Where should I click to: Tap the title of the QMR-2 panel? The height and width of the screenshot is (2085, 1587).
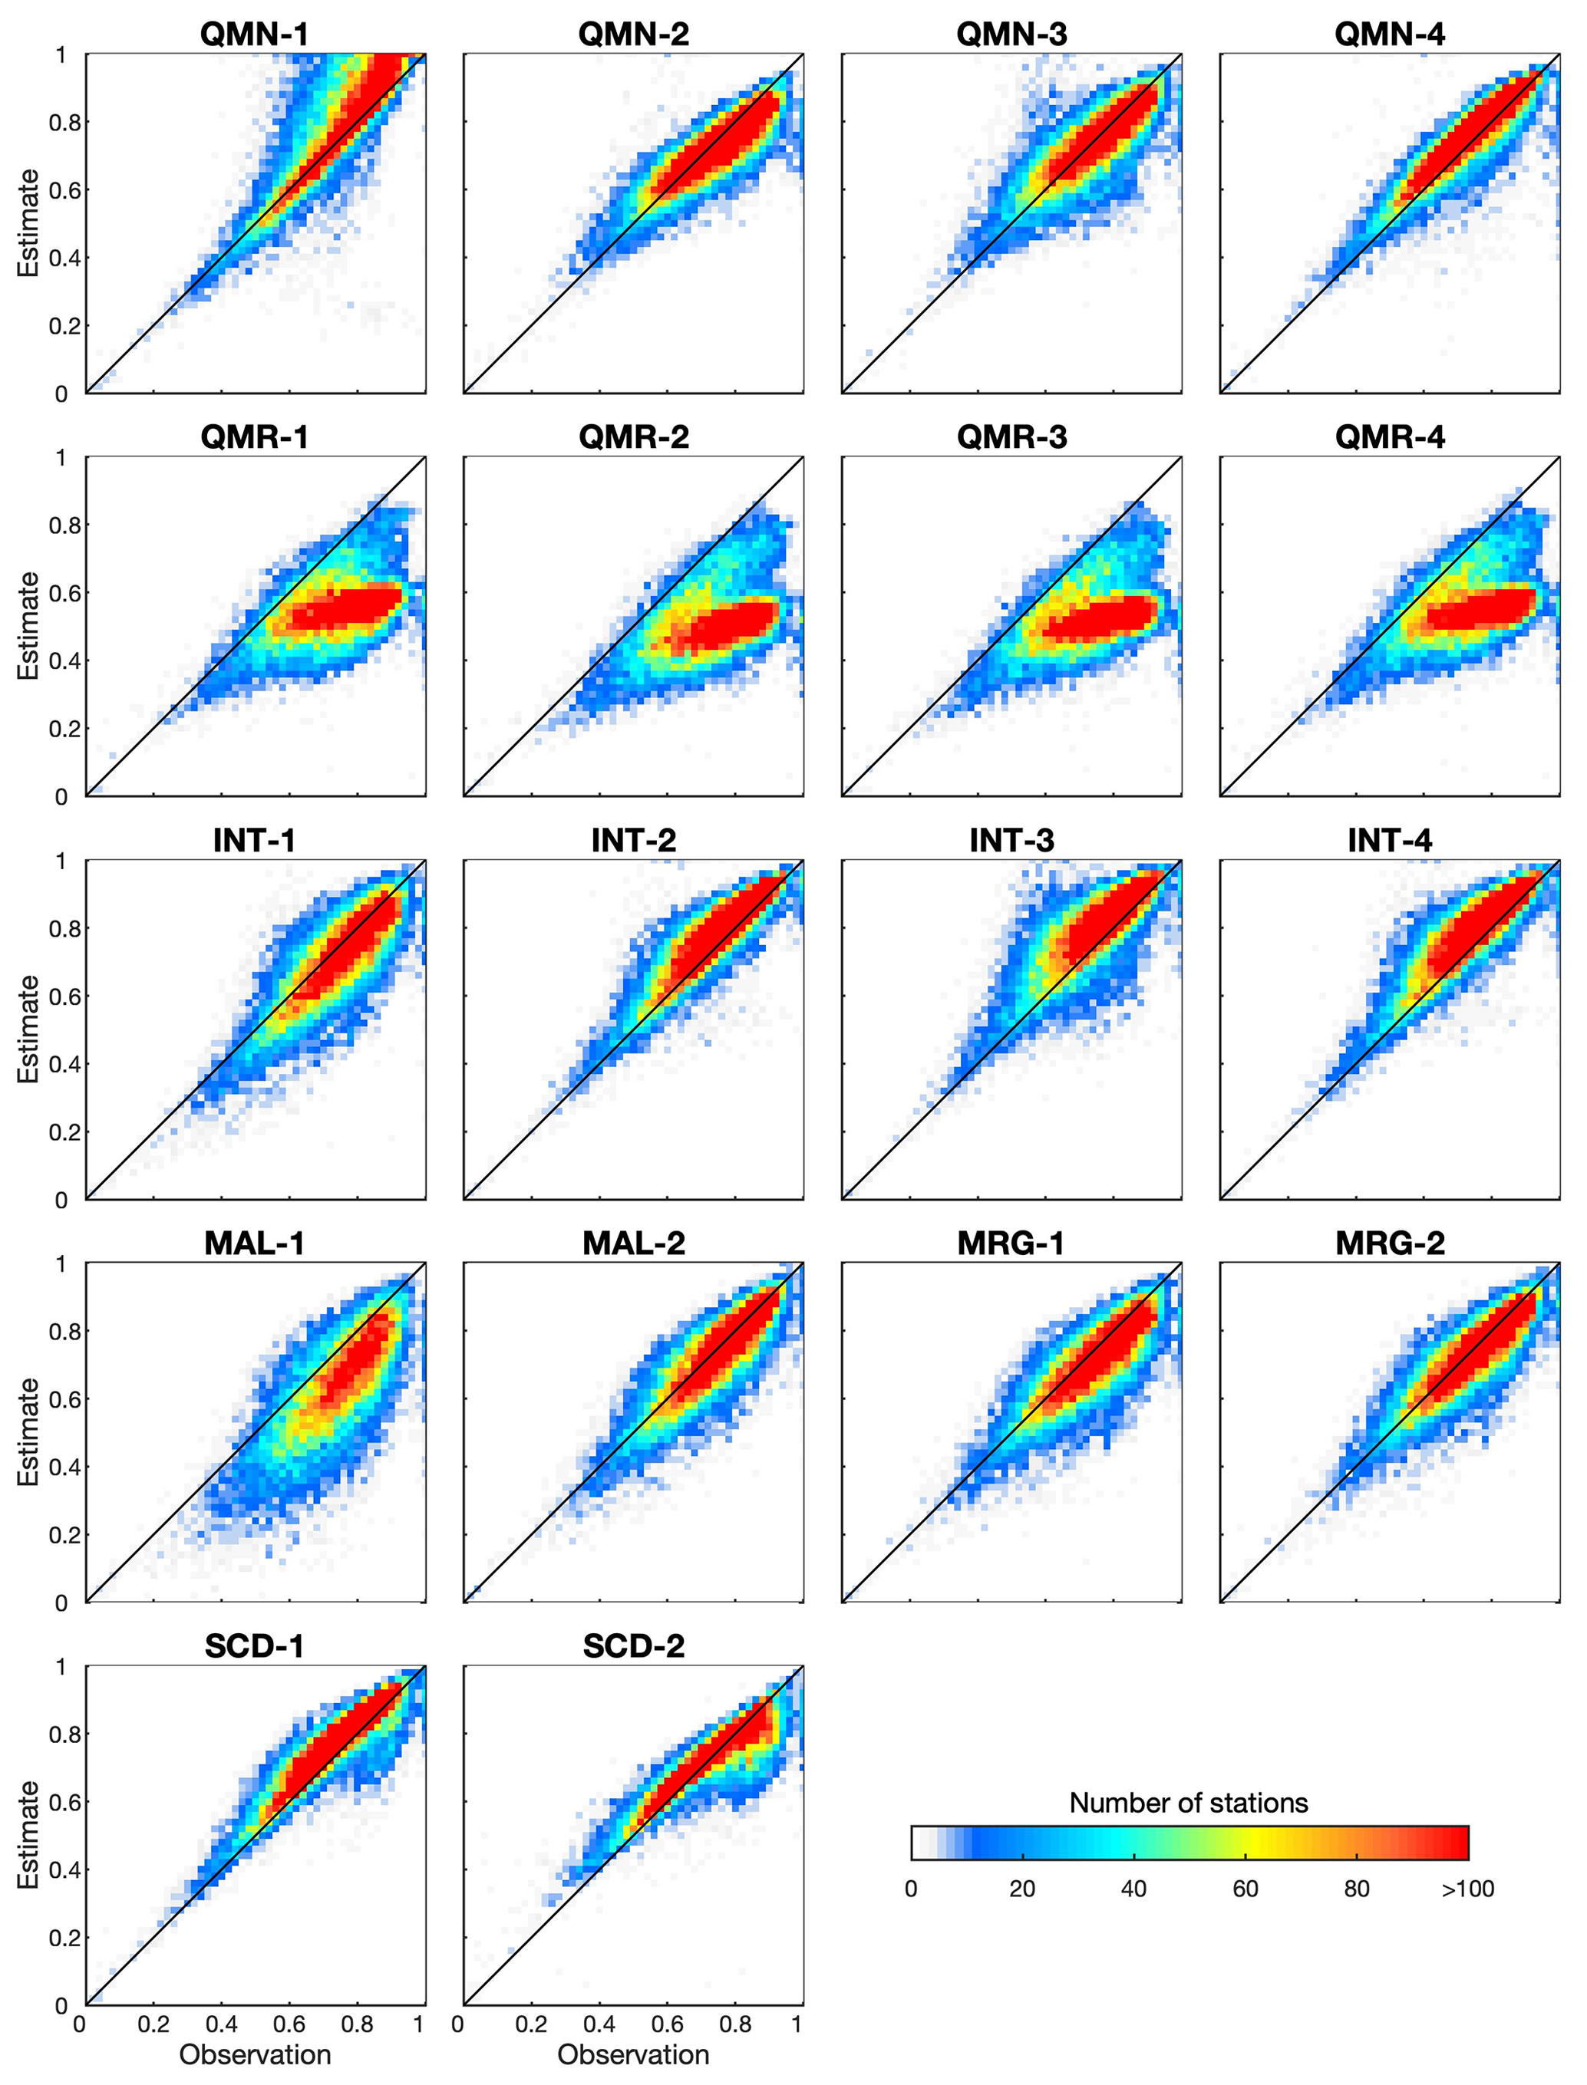(x=633, y=437)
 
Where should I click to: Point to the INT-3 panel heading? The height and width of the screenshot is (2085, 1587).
(x=1011, y=841)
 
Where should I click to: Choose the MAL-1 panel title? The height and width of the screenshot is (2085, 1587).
(x=254, y=1243)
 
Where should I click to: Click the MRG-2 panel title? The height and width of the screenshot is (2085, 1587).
(x=1389, y=1243)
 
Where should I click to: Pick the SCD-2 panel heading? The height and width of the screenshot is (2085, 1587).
(x=633, y=1646)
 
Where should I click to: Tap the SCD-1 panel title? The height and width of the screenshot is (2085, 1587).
(x=254, y=1646)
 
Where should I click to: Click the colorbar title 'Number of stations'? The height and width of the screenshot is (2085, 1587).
(x=1189, y=1803)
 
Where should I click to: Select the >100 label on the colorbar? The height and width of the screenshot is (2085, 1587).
(x=1467, y=1889)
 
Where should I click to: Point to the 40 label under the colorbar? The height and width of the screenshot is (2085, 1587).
(x=1133, y=1889)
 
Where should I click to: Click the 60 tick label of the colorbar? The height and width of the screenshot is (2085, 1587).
(x=1245, y=1889)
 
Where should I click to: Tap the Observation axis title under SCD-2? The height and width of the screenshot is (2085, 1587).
(x=633, y=2055)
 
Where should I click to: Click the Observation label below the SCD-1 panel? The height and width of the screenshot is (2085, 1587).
(x=255, y=2055)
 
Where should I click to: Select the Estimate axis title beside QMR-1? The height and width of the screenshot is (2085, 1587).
(x=28, y=625)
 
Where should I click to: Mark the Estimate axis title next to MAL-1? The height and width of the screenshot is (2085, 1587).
(x=28, y=1431)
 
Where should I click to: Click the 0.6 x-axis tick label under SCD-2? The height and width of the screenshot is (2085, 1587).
(x=667, y=2024)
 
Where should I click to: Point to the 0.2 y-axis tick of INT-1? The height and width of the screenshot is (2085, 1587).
(x=61, y=1132)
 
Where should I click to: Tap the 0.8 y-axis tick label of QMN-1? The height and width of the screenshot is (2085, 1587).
(x=61, y=122)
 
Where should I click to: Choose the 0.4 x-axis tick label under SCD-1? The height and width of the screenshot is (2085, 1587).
(x=221, y=2024)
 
